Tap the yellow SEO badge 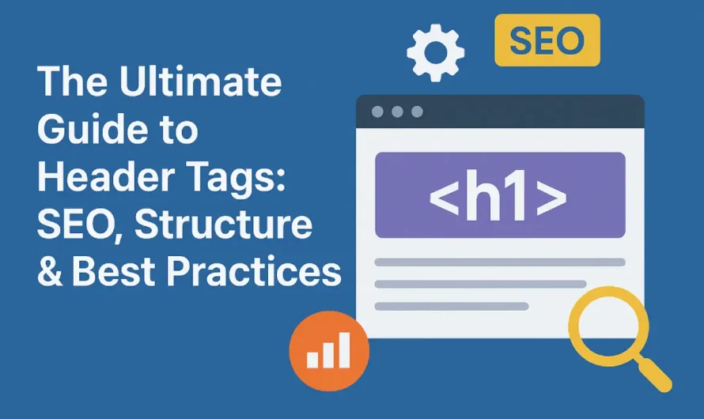click(547, 40)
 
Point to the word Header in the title click(96, 177)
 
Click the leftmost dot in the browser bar click(378, 111)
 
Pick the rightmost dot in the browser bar click(416, 111)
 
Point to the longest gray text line click(499, 262)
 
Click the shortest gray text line click(451, 306)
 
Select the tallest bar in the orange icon click(344, 349)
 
